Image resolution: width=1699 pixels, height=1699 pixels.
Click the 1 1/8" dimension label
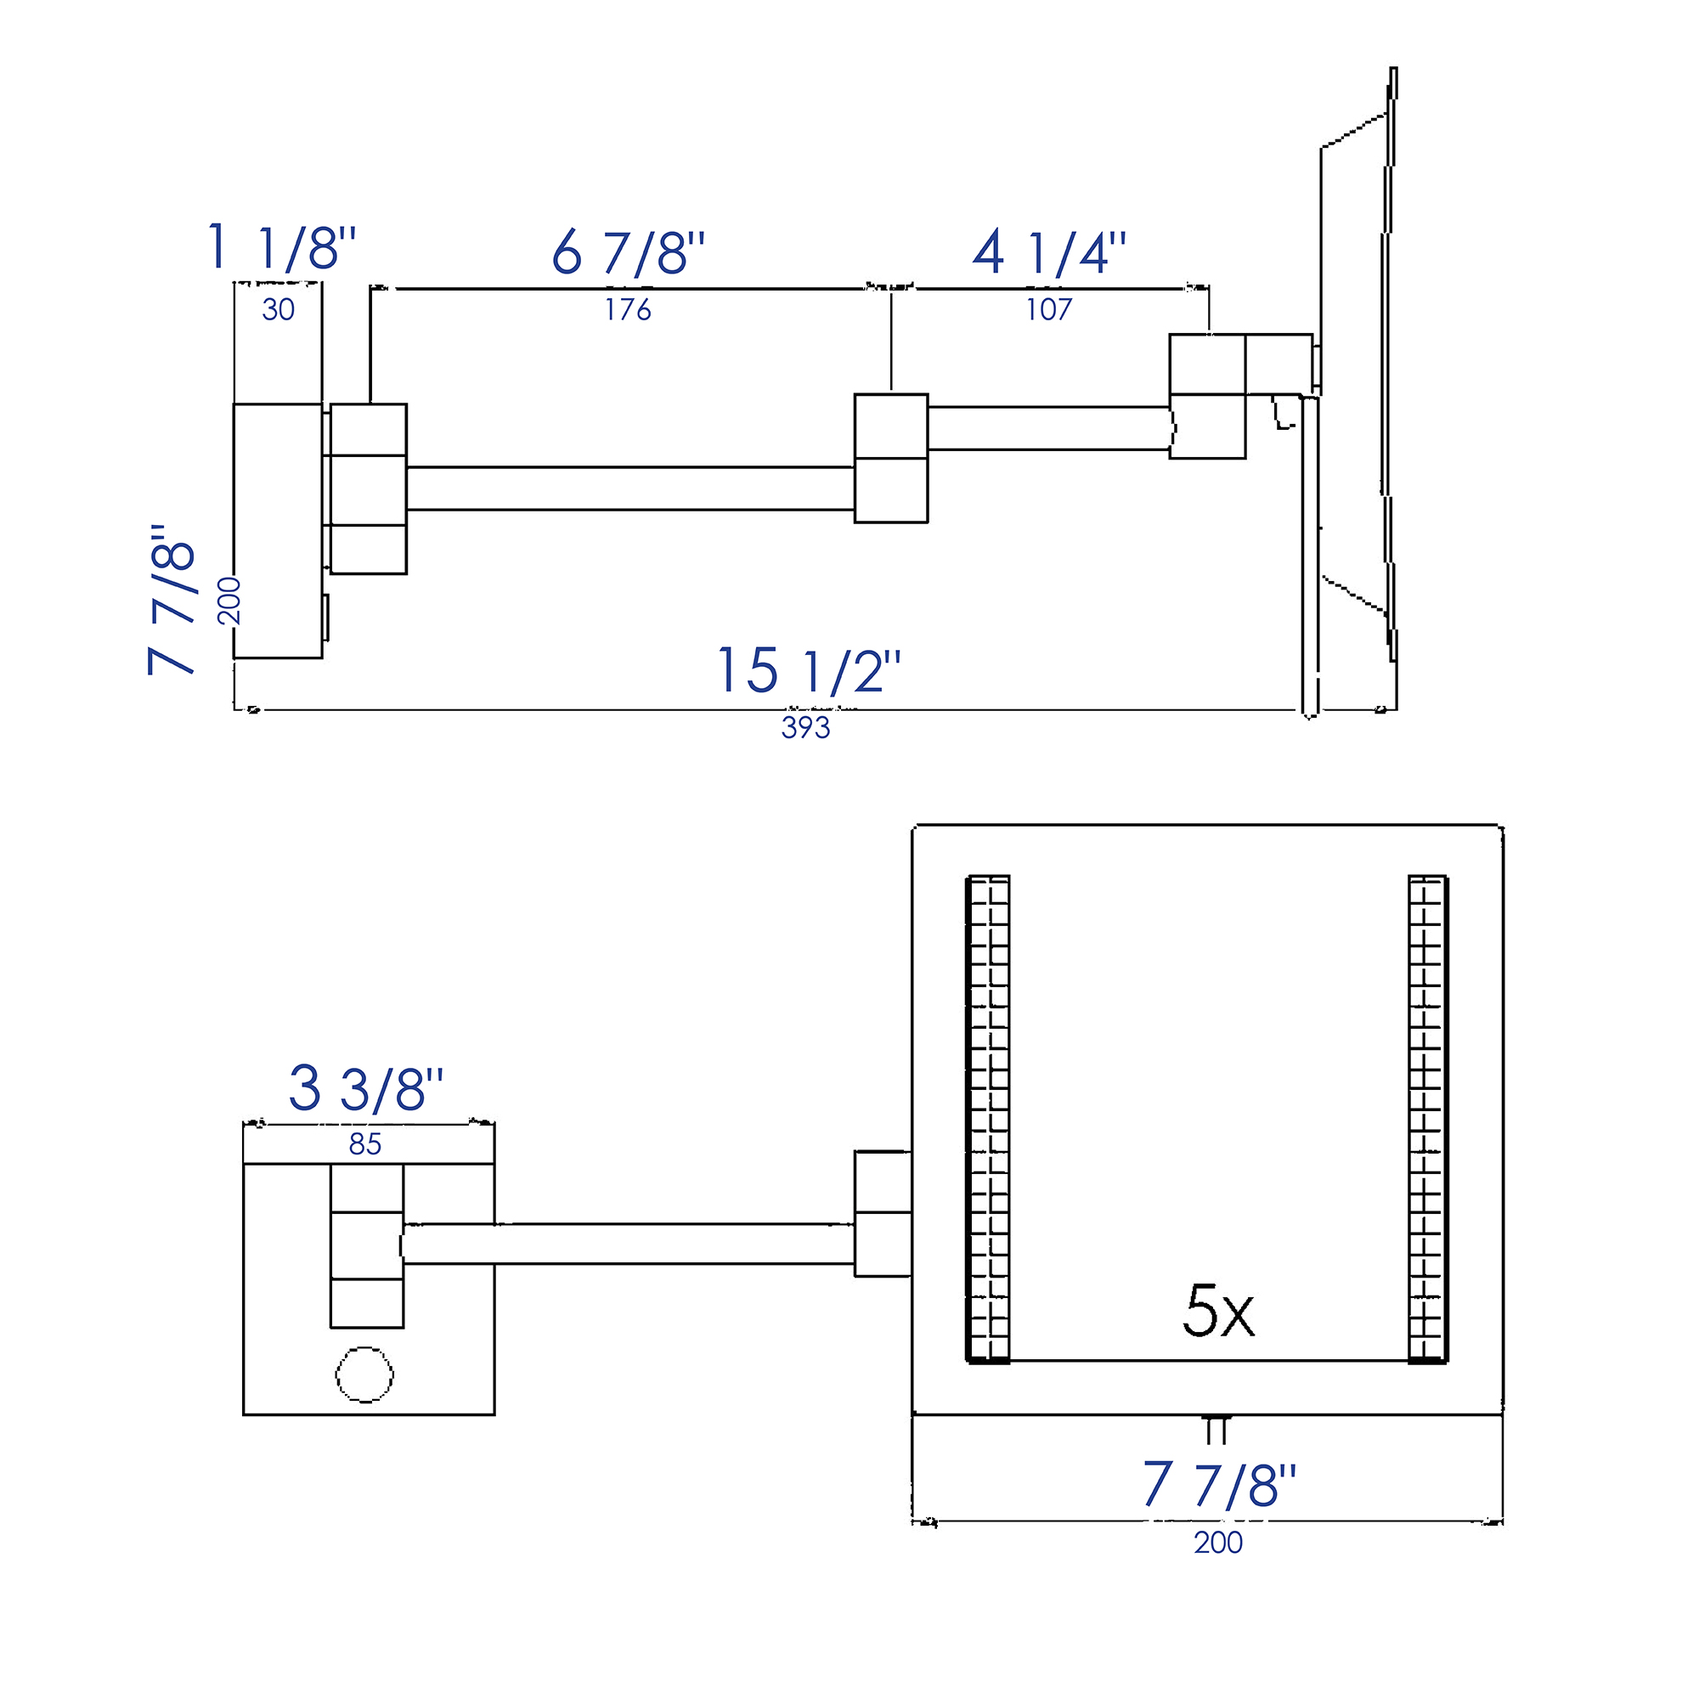pos(281,248)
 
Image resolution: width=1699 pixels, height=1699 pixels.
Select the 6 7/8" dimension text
pos(628,253)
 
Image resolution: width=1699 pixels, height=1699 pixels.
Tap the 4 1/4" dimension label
pos(1048,253)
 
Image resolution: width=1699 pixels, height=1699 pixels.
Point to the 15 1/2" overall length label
pos(808,671)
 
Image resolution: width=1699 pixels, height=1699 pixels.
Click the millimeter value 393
pos(805,728)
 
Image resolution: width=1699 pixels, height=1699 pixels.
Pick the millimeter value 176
pos(628,310)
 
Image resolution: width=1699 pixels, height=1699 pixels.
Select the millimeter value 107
pos(1048,310)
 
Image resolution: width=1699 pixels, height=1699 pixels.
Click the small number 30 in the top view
pos(278,310)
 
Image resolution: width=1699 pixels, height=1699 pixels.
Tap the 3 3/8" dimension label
pos(366,1089)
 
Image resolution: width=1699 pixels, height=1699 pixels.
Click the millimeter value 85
pos(365,1144)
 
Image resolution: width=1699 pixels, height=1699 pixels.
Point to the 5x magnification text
pos(1218,1312)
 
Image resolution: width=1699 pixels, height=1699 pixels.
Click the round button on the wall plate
pos(364,1374)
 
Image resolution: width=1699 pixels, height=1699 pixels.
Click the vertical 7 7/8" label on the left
pos(172,600)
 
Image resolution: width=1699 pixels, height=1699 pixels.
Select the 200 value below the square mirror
pos(1218,1543)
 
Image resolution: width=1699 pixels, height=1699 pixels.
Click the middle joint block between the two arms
pos(891,458)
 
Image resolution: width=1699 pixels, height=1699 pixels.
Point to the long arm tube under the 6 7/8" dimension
pos(629,488)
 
